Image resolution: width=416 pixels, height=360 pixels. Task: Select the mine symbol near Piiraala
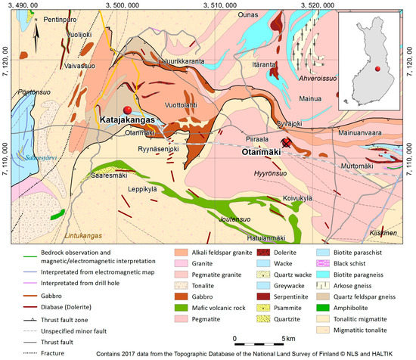coord(287,142)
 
